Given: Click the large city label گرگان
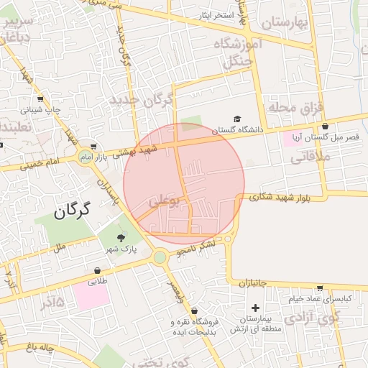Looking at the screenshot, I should click(x=75, y=211).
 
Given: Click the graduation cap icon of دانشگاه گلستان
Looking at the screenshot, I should click(x=237, y=119).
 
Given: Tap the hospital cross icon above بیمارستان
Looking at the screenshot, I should click(x=254, y=307).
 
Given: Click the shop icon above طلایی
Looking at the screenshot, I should click(x=97, y=271).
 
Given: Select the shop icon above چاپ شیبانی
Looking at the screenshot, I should click(x=40, y=100).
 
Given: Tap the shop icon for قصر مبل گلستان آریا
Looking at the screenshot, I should click(x=326, y=126).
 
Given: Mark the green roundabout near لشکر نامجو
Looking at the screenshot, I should click(x=160, y=257).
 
